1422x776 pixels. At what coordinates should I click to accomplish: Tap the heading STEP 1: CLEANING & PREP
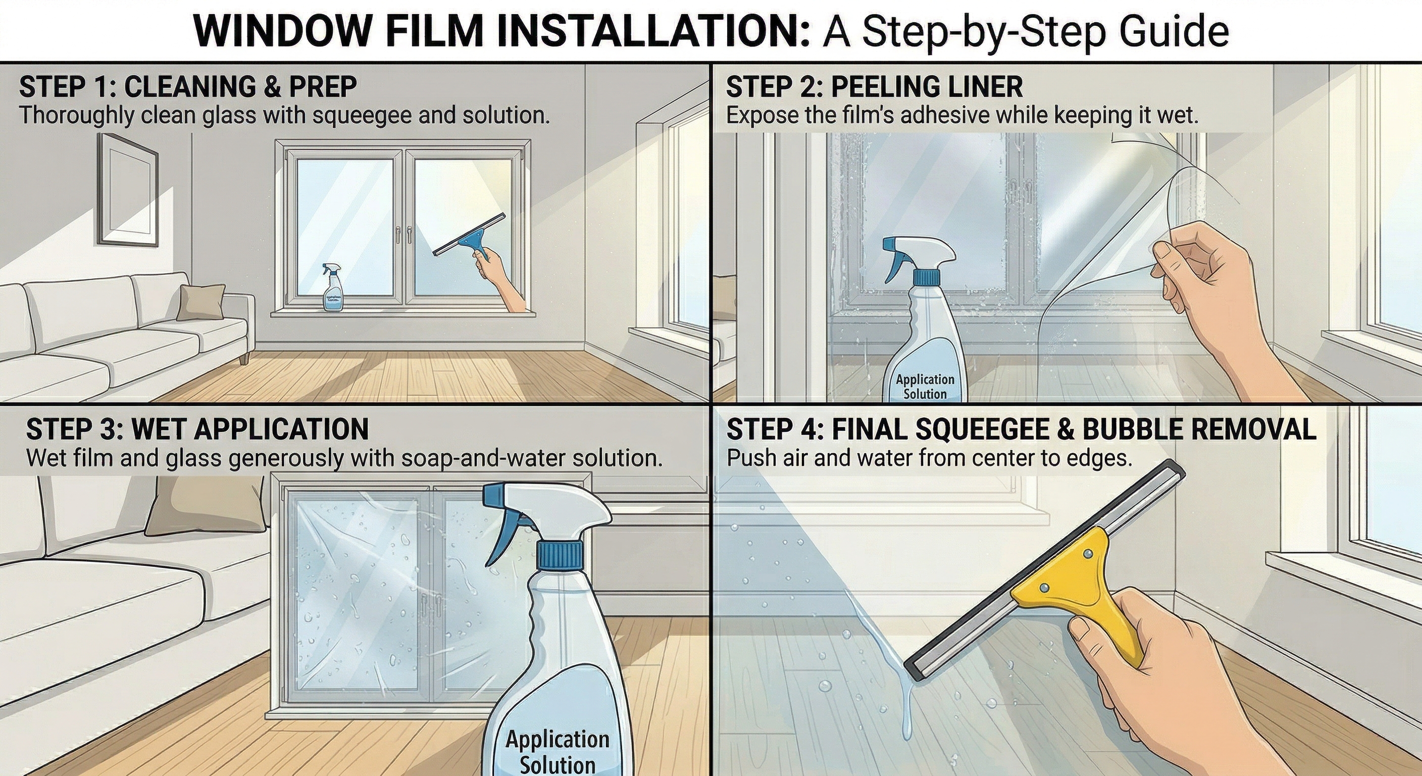click(188, 87)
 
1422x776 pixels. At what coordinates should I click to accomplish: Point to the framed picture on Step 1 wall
click(128, 190)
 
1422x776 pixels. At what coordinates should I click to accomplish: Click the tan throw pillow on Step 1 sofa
click(201, 302)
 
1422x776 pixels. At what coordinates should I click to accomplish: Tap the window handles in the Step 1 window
click(403, 234)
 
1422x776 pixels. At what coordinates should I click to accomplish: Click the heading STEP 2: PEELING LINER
click(874, 87)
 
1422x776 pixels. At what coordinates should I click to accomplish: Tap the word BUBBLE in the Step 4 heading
click(1134, 429)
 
